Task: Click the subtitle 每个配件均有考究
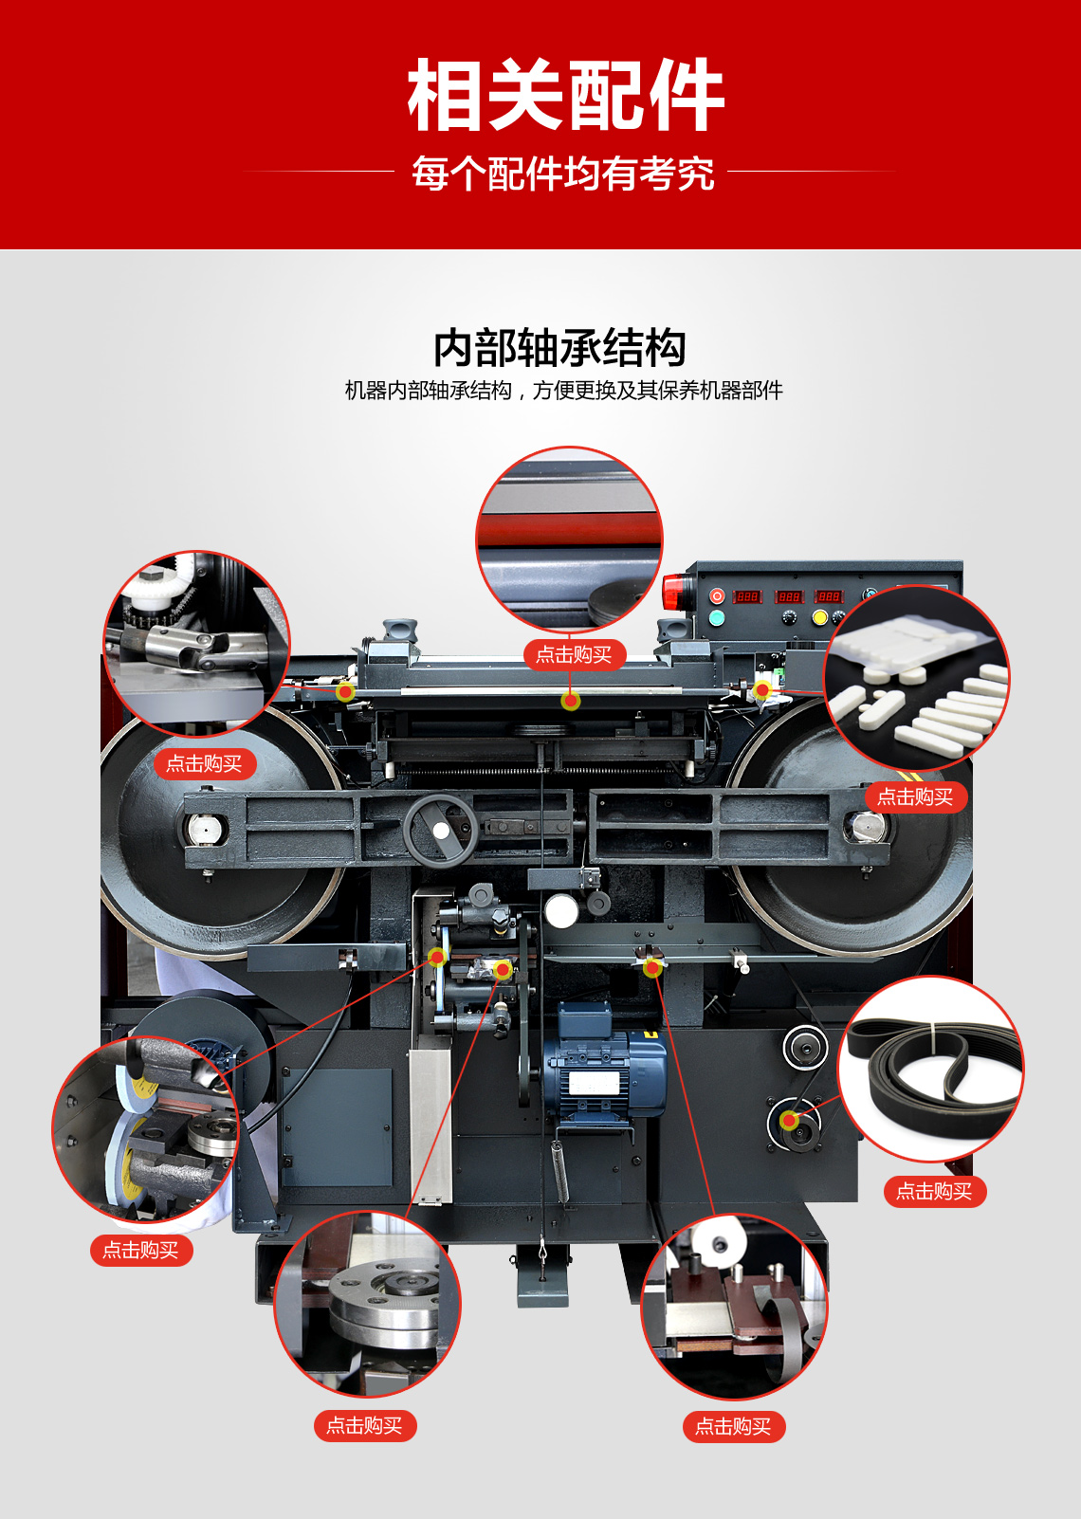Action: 563,173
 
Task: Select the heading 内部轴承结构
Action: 559,347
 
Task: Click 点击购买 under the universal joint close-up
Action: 204,763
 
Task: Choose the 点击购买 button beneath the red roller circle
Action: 574,654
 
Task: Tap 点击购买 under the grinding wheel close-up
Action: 141,1249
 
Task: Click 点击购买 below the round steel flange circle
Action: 365,1425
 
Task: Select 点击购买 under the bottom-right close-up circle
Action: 734,1426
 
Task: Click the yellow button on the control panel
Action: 820,617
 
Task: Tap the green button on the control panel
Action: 717,617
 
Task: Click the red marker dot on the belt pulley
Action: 789,1120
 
